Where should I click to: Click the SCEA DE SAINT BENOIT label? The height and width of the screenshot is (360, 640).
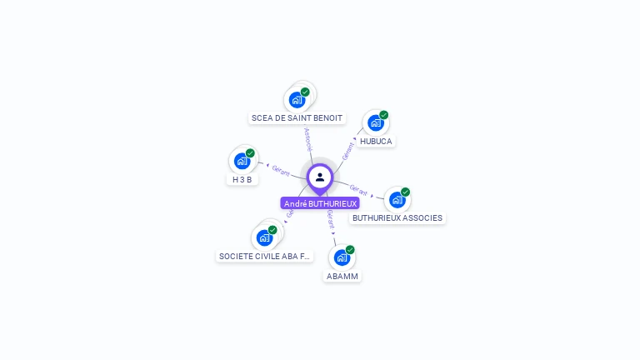pyautogui.click(x=297, y=118)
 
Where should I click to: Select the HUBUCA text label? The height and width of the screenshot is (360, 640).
pyautogui.click(x=376, y=142)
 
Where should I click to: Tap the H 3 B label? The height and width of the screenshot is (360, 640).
pyautogui.click(x=242, y=179)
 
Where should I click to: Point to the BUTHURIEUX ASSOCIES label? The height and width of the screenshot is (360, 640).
pyautogui.click(x=397, y=218)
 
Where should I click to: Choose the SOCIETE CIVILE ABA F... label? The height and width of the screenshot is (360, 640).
pyautogui.click(x=264, y=257)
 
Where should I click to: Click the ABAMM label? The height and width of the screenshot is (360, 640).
pyautogui.click(x=342, y=276)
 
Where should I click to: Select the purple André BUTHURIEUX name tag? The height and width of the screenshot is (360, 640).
pyautogui.click(x=320, y=203)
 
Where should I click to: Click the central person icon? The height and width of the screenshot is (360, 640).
pyautogui.click(x=320, y=177)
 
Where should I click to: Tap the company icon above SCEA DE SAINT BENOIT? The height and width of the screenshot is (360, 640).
pyautogui.click(x=297, y=100)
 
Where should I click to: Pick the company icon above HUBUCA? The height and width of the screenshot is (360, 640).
pyautogui.click(x=375, y=123)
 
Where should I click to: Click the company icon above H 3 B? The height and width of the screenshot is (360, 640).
pyautogui.click(x=242, y=161)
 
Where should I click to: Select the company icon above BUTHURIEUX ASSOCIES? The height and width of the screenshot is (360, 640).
pyautogui.click(x=397, y=200)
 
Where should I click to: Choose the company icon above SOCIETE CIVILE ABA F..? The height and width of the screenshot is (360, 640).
pyautogui.click(x=264, y=237)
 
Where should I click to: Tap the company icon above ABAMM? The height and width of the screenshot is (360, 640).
pyautogui.click(x=342, y=257)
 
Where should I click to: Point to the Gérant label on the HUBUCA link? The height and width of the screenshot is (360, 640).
pyautogui.click(x=348, y=149)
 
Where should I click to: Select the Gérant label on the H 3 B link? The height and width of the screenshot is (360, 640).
pyautogui.click(x=281, y=171)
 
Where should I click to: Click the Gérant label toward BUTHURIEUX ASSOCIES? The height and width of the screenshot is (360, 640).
pyautogui.click(x=358, y=190)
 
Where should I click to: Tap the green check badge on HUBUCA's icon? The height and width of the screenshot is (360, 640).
pyautogui.click(x=384, y=115)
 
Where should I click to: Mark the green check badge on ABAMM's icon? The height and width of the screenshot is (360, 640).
pyautogui.click(x=350, y=249)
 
